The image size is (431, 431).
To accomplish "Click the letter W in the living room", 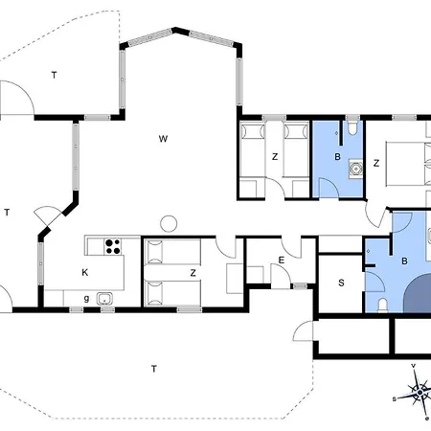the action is tap(163, 139).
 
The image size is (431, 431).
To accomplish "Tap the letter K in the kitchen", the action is tap(85, 272).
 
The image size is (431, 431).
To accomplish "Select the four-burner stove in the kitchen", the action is tap(113, 246).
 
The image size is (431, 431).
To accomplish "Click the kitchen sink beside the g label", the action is tap(104, 299).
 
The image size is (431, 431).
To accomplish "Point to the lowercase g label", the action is tap(86, 299).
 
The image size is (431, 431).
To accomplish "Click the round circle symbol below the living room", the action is tap(169, 223).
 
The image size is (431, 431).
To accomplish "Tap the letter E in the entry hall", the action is tap(282, 261).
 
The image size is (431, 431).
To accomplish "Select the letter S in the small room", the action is tap(341, 283).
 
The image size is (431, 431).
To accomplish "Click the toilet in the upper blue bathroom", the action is tap(352, 127).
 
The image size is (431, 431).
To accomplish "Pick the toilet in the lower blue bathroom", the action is tap(382, 306).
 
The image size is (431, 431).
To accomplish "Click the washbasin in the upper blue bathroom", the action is tap(355, 169).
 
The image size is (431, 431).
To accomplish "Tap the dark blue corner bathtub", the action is tap(418, 294).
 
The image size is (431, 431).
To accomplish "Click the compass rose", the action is tap(420, 392).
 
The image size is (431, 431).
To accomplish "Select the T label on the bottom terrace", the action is tap(154, 369).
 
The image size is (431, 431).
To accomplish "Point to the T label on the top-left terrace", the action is tap(55, 75).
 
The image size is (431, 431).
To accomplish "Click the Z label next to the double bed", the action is tap(376, 163).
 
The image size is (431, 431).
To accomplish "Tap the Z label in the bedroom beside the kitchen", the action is tap(193, 273).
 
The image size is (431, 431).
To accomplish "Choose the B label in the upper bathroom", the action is tap(337, 157).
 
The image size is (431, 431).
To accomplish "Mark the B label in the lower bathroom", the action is tap(404, 261).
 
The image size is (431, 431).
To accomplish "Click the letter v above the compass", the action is tap(414, 366).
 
